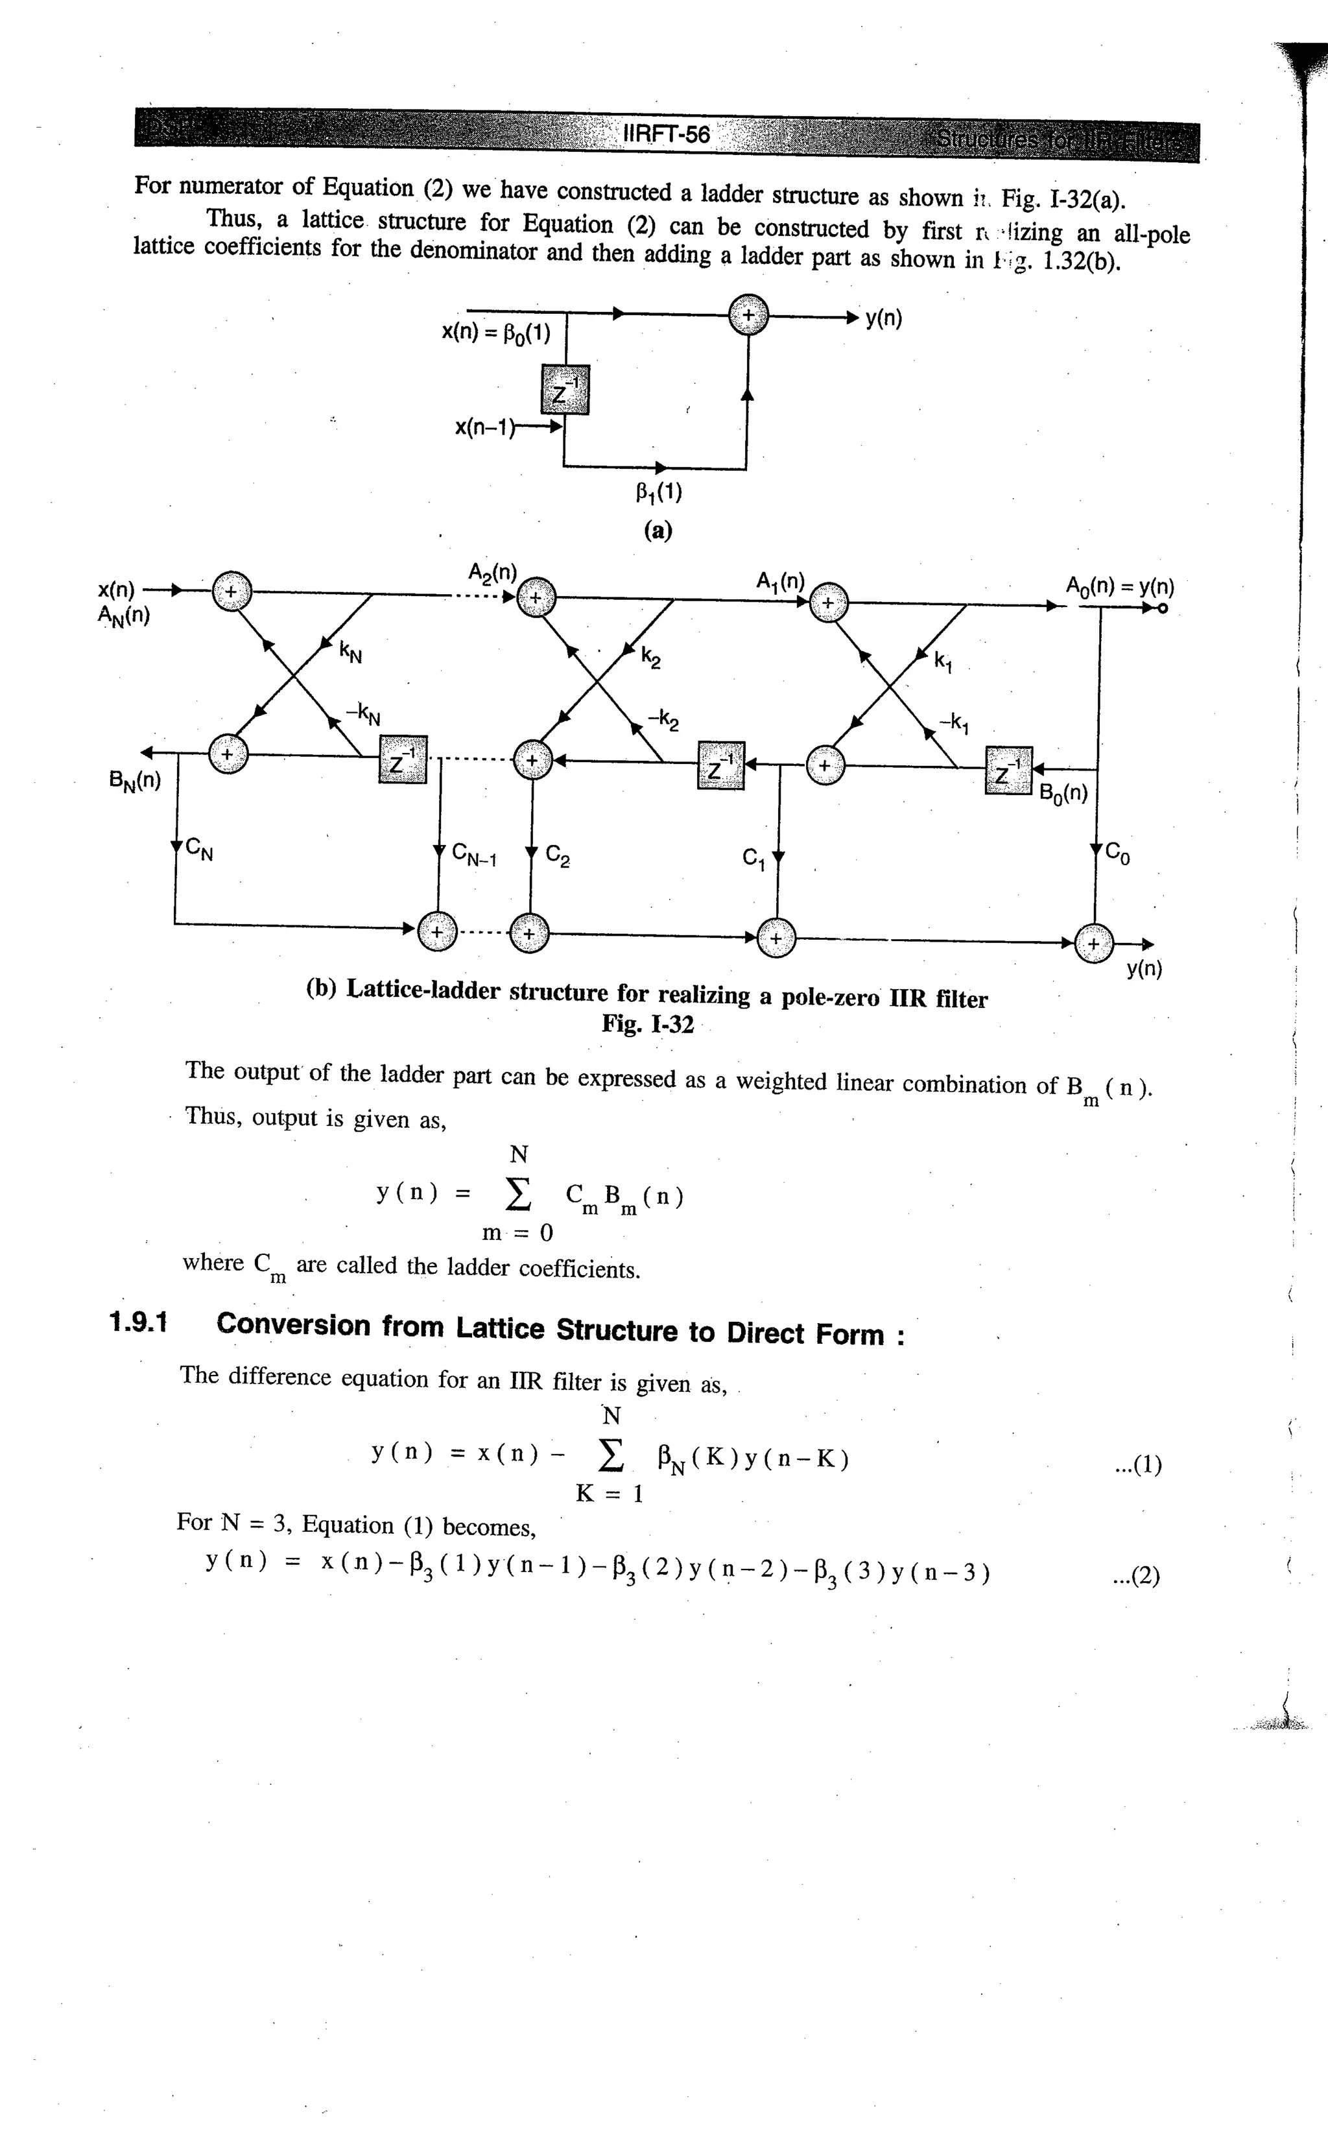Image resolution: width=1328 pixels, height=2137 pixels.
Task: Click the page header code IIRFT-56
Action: (x=666, y=134)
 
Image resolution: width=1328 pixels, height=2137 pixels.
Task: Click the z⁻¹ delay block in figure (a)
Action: (x=565, y=389)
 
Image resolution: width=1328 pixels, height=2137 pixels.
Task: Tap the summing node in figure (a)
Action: (x=748, y=315)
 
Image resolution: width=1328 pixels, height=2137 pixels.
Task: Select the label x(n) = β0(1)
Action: (x=495, y=333)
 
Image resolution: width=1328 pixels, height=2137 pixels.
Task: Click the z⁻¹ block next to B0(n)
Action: (x=1008, y=770)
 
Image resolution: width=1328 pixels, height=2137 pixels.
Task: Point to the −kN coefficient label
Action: (x=362, y=713)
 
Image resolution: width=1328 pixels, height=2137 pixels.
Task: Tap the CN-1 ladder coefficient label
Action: (x=474, y=855)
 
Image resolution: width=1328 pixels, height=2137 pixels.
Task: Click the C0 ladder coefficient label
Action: (x=1117, y=852)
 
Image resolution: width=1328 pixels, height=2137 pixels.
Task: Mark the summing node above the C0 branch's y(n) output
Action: (x=1093, y=944)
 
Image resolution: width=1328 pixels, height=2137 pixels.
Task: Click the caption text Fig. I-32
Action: (x=647, y=1024)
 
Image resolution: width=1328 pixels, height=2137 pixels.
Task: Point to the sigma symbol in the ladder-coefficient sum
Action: (x=519, y=1192)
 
